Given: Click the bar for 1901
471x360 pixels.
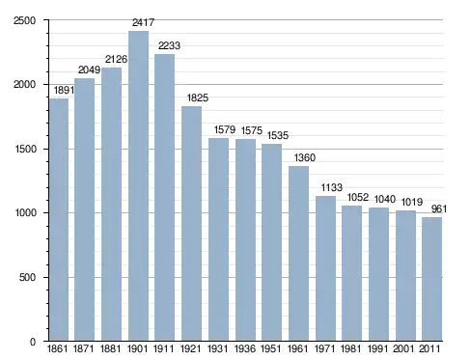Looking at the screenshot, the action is tap(138, 186).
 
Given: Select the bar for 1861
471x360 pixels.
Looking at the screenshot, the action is tap(59, 220).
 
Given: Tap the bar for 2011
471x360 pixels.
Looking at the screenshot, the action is tap(431, 279).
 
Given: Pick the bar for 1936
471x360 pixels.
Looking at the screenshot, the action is tap(245, 240).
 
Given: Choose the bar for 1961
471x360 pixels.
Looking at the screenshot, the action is tap(298, 254).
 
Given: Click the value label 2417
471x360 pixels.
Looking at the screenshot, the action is tap(144, 22).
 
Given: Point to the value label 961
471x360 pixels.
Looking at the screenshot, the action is tap(439, 209).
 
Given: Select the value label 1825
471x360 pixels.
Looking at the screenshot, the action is tap(198, 97).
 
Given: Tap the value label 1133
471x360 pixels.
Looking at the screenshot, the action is tap(332, 187).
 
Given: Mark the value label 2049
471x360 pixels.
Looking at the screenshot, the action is tap(90, 69).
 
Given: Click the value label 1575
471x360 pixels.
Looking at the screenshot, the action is tap(252, 130).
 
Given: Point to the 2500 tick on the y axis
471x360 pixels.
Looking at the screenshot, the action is tap(25, 20).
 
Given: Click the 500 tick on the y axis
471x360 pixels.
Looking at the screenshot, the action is tap(27, 277).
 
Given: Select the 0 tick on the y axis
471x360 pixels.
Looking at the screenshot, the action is tap(33, 342).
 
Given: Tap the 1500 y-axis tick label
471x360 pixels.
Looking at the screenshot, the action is tap(25, 149).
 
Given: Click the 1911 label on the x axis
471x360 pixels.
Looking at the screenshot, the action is tap(163, 348).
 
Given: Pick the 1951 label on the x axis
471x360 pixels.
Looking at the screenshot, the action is tap(271, 348).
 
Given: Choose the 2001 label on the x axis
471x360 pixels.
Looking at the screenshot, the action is tap(403, 348).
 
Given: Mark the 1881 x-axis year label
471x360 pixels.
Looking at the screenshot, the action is tap(110, 348).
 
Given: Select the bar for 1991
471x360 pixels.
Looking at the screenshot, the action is tap(378, 274).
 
